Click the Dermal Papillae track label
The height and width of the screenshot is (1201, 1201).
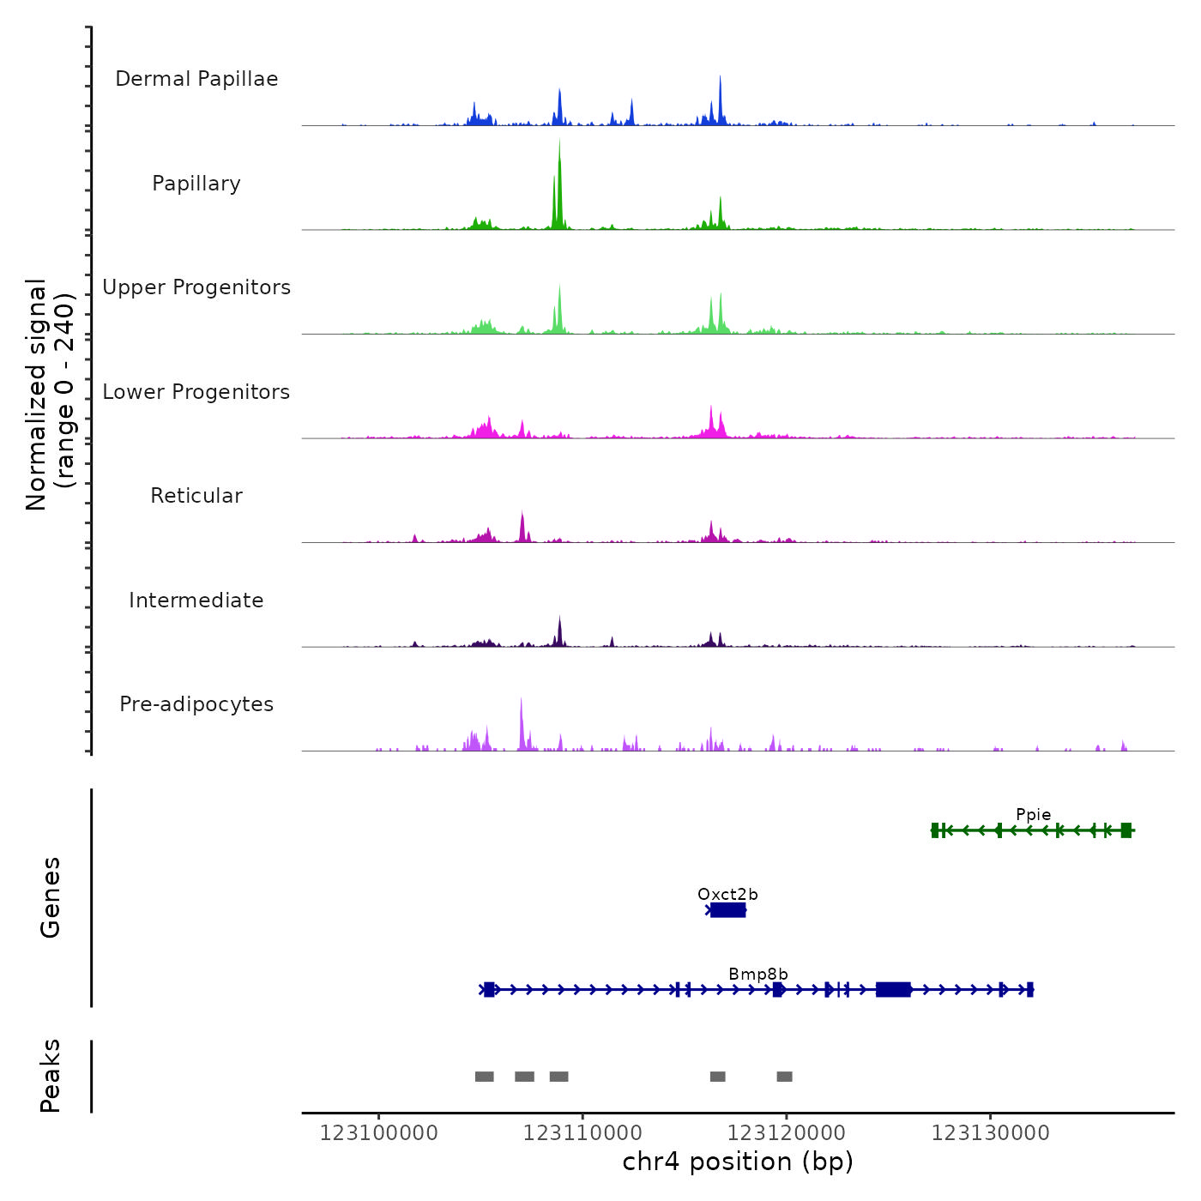(x=196, y=79)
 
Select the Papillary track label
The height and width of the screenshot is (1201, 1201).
(x=196, y=184)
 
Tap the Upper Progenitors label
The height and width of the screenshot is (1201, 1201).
(x=196, y=287)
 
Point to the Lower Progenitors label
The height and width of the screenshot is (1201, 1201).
(x=196, y=392)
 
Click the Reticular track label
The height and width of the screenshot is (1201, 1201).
(x=196, y=496)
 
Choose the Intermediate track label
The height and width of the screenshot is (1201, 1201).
(x=196, y=600)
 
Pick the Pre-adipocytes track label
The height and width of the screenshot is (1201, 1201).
(x=196, y=704)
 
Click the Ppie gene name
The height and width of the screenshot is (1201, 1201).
(x=1033, y=815)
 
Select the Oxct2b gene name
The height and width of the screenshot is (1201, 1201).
(x=727, y=895)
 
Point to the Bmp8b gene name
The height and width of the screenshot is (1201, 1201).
(x=758, y=975)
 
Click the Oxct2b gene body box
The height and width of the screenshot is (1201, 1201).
(x=728, y=910)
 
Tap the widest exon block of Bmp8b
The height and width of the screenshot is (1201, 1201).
(x=893, y=990)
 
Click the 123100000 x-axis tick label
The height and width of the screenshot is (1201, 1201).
(x=378, y=1133)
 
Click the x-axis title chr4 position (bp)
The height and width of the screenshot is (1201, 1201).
(x=738, y=1162)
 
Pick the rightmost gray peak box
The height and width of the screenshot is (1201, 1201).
(x=784, y=1077)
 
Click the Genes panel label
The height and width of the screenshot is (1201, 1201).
(x=51, y=897)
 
